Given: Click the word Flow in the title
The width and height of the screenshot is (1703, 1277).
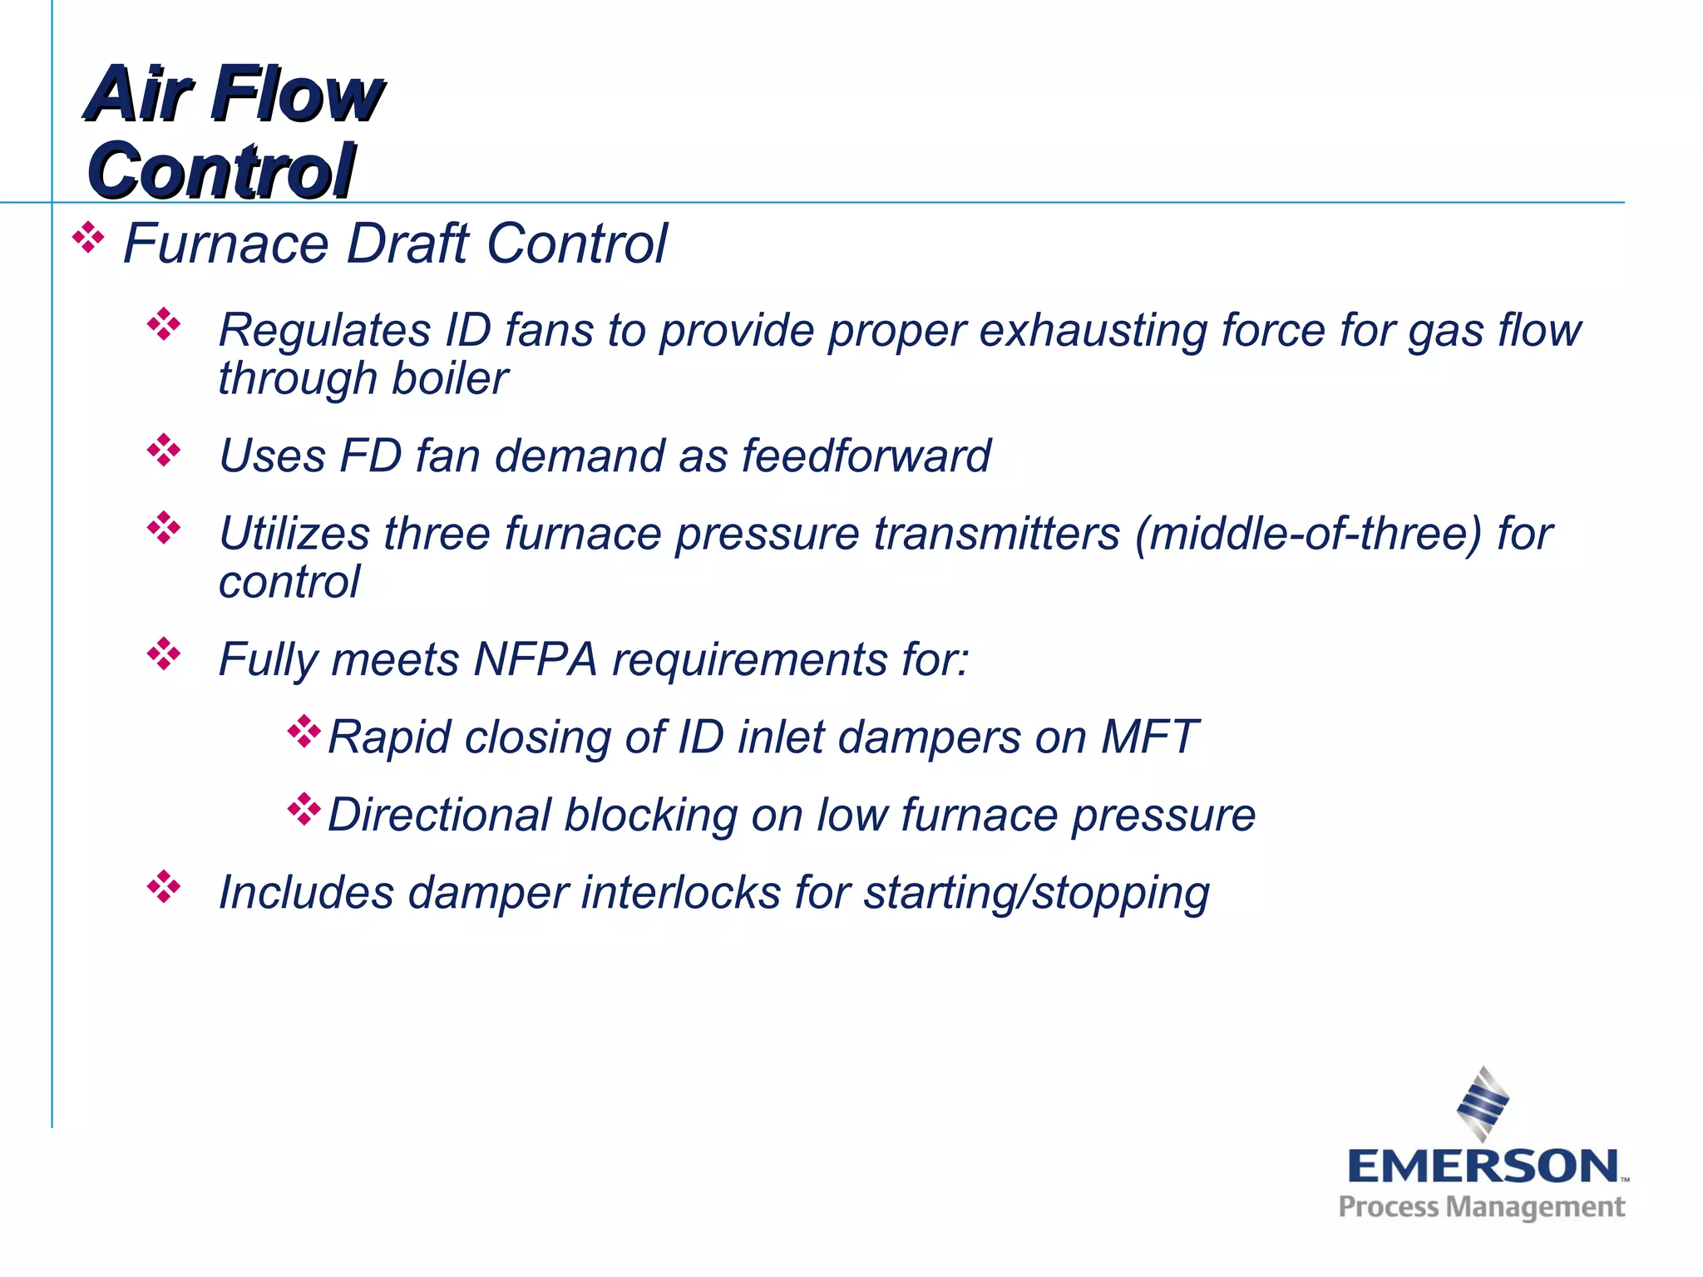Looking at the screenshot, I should (297, 94).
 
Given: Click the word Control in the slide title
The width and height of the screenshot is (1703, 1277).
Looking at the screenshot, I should (221, 170).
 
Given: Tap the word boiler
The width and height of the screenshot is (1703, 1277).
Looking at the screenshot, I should (449, 379).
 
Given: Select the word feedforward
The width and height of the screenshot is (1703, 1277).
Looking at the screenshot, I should (866, 456).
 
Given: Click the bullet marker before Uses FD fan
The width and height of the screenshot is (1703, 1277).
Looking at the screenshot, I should (164, 450).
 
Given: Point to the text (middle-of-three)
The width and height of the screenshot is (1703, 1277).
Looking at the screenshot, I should (1309, 533).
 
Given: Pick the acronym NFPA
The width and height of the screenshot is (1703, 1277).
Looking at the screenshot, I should (536, 659).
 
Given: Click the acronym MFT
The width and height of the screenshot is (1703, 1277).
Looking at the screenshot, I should (1148, 737).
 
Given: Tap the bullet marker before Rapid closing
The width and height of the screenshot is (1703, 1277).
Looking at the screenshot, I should (304, 732).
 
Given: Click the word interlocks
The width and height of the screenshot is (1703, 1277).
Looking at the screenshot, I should (681, 892).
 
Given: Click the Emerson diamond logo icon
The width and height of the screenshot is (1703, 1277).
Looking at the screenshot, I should (1483, 1104).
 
